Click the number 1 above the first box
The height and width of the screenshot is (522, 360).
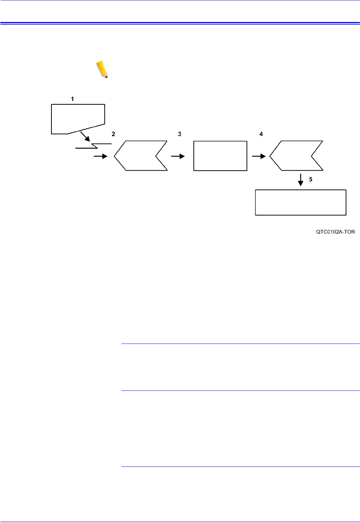click(x=72, y=99)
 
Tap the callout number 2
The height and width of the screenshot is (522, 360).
click(x=113, y=134)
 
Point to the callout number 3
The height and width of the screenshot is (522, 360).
click(x=180, y=134)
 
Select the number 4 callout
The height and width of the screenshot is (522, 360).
click(x=261, y=134)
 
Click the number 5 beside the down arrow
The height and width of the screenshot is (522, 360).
click(x=310, y=180)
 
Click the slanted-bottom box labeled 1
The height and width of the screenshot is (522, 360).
click(x=78, y=117)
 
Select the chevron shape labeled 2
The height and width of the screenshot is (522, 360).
click(x=140, y=156)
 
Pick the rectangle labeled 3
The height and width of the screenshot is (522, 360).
click(x=220, y=156)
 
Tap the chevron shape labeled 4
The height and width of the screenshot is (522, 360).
click(x=296, y=156)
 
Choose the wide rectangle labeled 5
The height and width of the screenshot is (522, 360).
click(x=300, y=202)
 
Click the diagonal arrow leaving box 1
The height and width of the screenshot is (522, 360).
click(x=85, y=136)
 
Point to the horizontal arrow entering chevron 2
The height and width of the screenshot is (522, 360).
click(x=100, y=156)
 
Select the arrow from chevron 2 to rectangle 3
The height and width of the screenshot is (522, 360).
click(x=178, y=156)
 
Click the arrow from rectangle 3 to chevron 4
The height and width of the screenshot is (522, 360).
click(x=259, y=156)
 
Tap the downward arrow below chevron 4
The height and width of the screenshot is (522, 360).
click(x=301, y=180)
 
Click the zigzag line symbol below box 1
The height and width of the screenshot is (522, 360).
click(x=94, y=146)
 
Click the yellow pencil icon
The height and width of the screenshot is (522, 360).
click(x=102, y=69)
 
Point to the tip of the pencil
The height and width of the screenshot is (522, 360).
click(x=107, y=77)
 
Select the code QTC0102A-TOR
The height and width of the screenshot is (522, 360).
click(x=335, y=232)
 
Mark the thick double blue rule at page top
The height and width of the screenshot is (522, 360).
click(x=180, y=23)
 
